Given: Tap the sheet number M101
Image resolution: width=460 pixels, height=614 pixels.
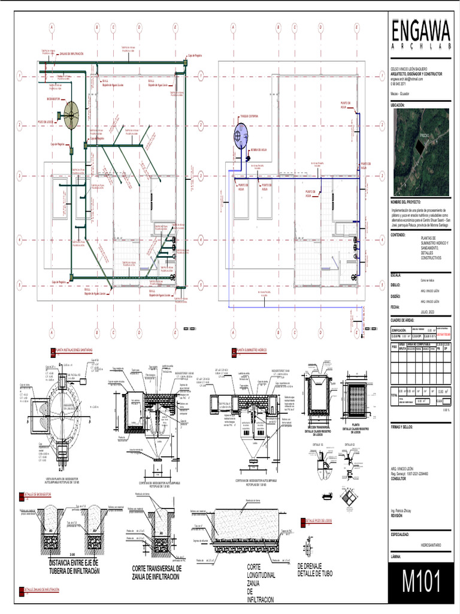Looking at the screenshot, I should [x=422, y=582].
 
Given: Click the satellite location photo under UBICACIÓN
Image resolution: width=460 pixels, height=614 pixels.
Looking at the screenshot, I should [x=420, y=152].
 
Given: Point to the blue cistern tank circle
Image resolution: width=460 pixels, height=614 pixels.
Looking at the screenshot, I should [x=240, y=133].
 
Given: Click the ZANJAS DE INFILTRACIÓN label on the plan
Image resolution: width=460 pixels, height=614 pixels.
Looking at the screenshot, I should [x=71, y=54].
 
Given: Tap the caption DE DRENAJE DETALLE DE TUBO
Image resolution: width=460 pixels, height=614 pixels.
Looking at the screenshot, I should [x=317, y=570].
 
